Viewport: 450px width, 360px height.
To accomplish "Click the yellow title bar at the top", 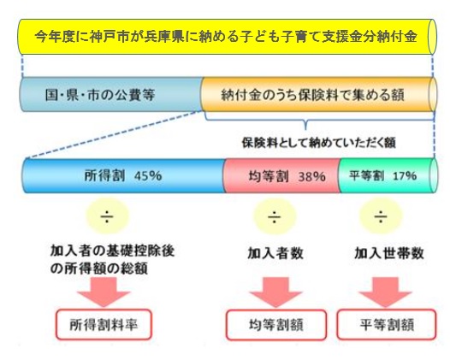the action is click(228, 37).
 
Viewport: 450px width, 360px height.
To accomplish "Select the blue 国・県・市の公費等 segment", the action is click(110, 94).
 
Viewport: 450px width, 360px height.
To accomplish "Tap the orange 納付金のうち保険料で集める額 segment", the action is click(318, 94).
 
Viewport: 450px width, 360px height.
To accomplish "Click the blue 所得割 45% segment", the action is click(124, 176).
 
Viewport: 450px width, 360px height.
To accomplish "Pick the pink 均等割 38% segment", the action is click(281, 176).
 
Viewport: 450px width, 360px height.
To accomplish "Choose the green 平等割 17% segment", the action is click(388, 176).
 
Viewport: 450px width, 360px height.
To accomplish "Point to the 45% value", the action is click(148, 175).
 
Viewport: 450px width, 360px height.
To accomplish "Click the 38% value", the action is click(312, 176).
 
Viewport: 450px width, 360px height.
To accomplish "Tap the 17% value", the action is click(405, 175).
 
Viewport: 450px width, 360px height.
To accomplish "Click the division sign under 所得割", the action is click(107, 216).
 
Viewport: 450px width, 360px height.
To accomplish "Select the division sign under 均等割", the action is click(275, 216).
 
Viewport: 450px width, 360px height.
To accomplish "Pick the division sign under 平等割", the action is click(381, 216).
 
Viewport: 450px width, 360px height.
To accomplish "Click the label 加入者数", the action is click(275, 253).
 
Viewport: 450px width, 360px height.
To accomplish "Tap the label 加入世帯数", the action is click(389, 253).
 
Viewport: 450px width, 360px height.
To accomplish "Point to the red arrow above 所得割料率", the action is click(104, 292).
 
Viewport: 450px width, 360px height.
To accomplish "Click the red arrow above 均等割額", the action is click(275, 292).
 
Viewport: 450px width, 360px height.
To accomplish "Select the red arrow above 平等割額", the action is click(386, 292).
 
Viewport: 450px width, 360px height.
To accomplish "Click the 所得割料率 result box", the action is click(104, 324).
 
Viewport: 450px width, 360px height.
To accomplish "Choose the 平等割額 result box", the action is click(387, 324).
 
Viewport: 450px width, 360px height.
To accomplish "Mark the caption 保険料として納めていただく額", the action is click(319, 143).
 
